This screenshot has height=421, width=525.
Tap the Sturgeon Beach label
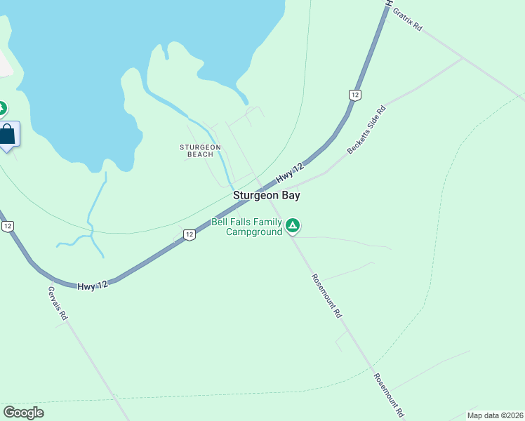point(200,150)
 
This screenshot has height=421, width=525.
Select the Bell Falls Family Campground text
point(246,227)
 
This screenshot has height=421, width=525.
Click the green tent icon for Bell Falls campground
point(293,226)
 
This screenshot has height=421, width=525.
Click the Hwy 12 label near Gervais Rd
point(93,284)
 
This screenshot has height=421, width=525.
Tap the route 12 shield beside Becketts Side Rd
point(354,95)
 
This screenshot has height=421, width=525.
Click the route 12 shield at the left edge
point(7,226)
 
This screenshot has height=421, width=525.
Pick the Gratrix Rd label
point(407,19)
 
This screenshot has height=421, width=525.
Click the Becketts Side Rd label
point(367,130)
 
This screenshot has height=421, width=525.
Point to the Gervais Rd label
point(58,303)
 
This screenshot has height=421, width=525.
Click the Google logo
point(23,413)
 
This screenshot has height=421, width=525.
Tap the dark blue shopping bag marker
point(7,134)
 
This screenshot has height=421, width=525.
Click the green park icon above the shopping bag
point(2,109)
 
